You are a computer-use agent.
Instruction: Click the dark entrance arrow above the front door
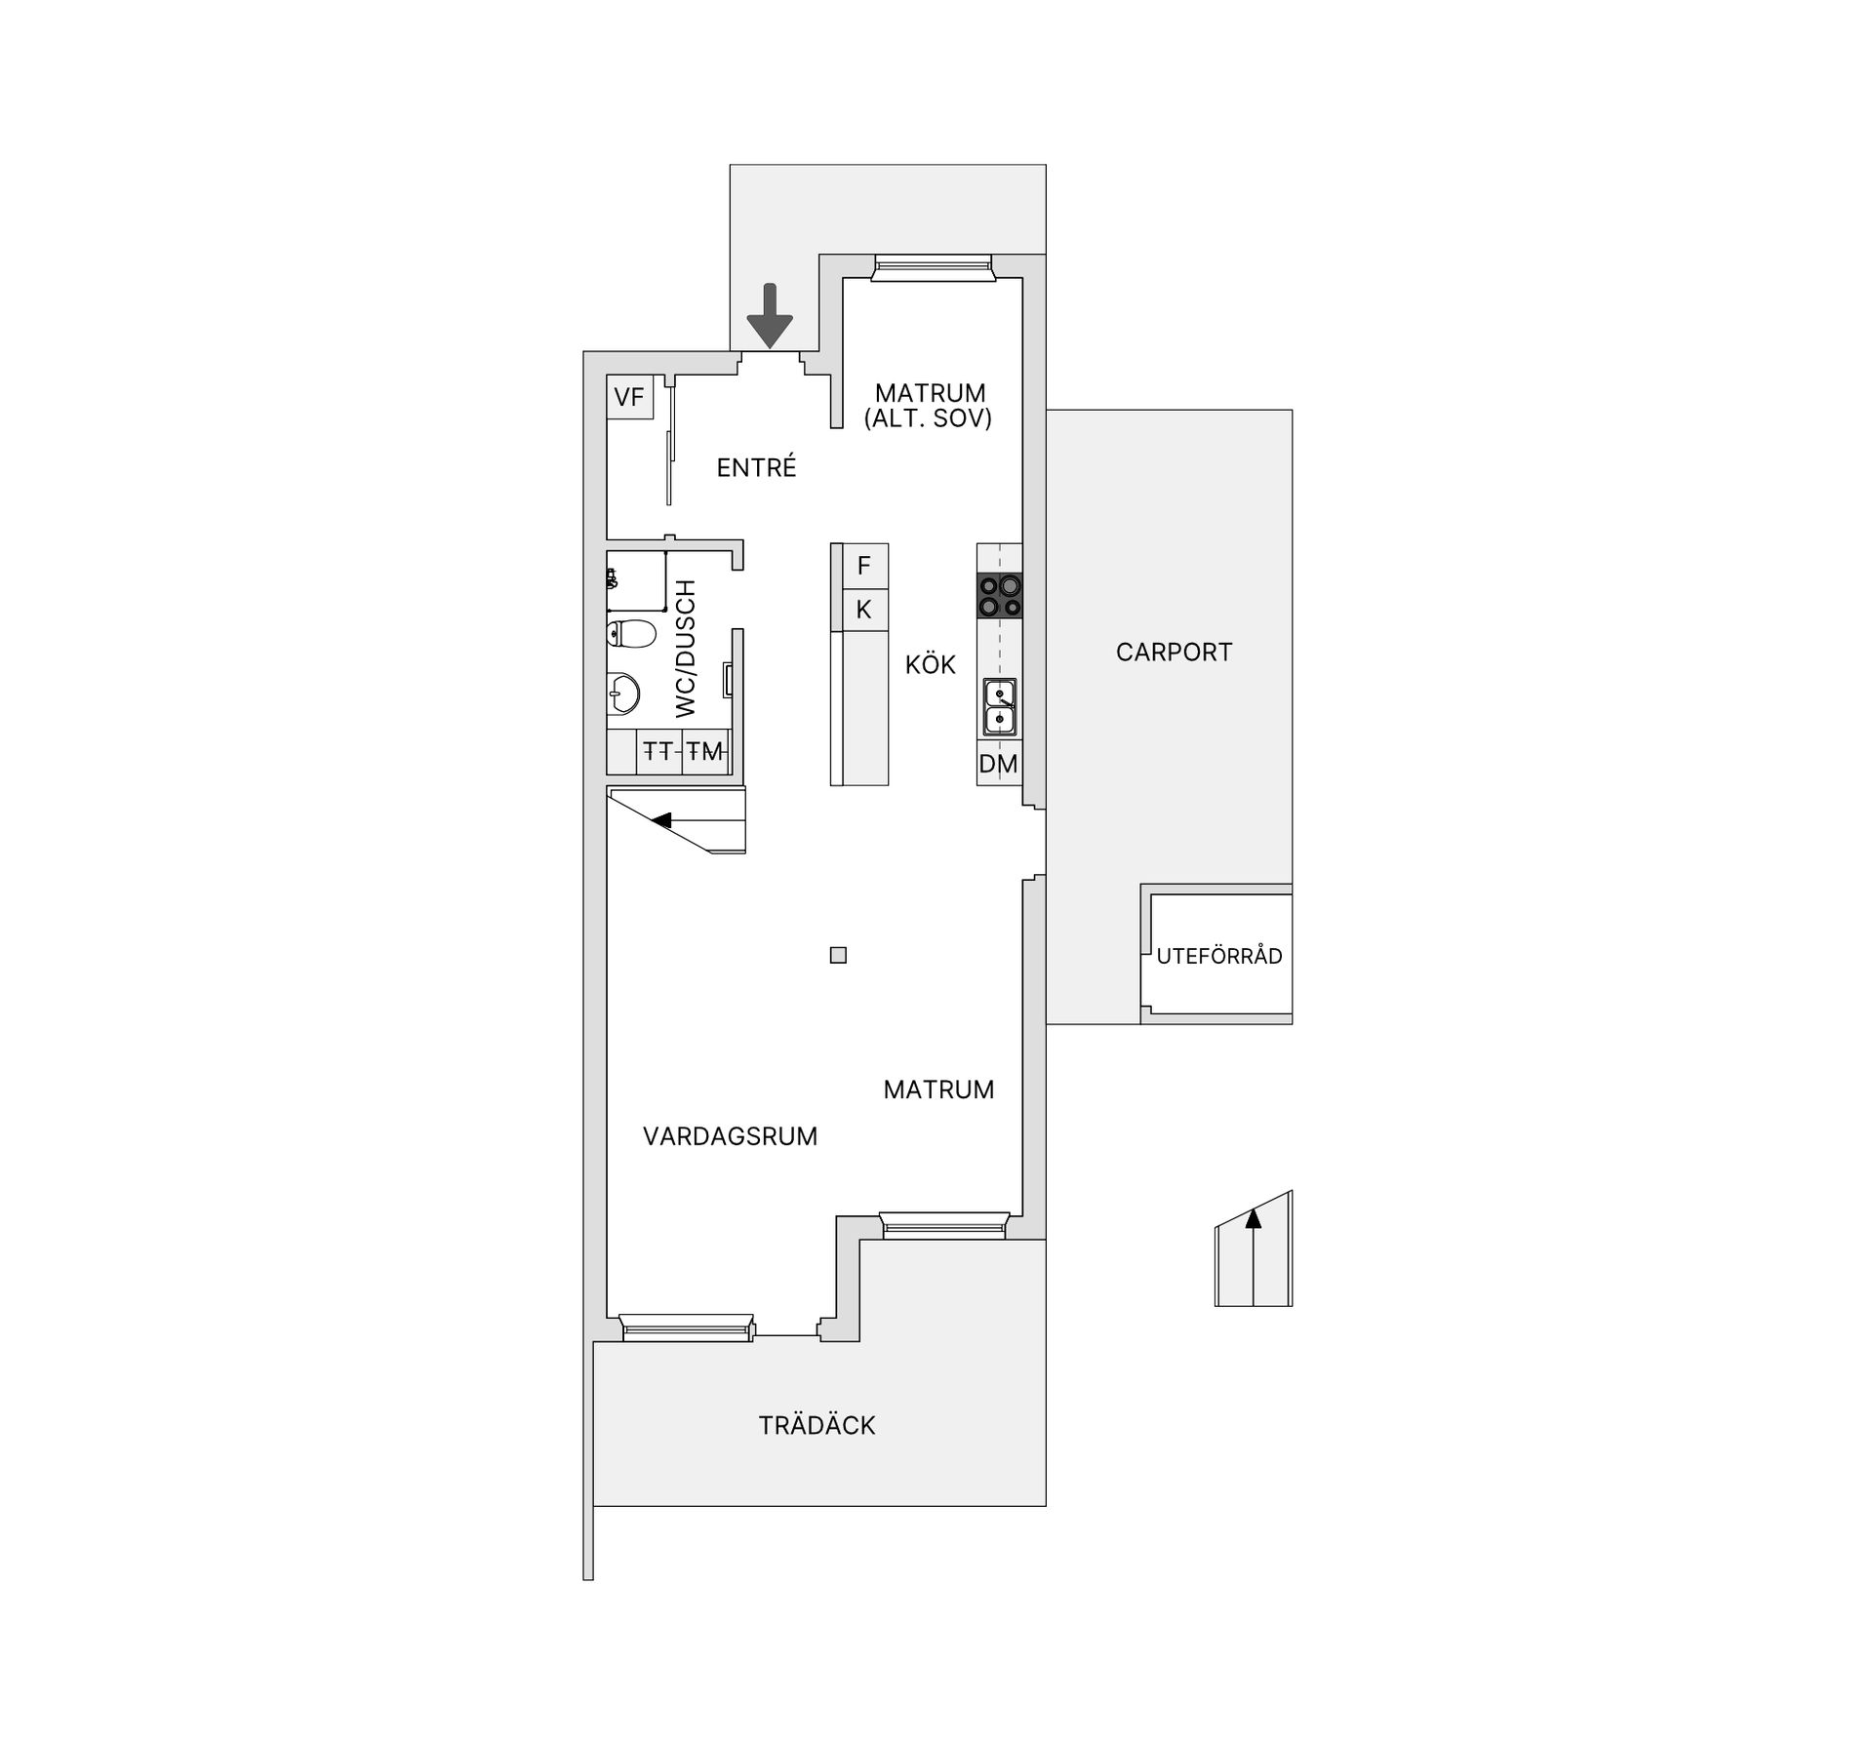click(770, 315)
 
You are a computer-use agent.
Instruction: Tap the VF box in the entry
click(629, 397)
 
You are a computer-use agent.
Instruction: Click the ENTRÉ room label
click(756, 468)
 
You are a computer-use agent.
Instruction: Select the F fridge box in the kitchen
click(863, 566)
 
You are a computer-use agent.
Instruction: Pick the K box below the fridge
click(863, 610)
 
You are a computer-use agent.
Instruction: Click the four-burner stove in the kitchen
click(1000, 595)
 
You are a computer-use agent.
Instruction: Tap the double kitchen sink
click(1000, 707)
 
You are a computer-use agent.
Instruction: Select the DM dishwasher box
click(999, 764)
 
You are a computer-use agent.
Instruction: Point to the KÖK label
click(930, 665)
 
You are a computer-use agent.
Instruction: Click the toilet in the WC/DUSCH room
click(630, 635)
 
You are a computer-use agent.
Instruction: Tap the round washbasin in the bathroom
click(622, 694)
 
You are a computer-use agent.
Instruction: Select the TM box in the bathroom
click(705, 751)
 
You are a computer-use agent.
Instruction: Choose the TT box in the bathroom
click(659, 751)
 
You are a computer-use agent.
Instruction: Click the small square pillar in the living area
click(838, 955)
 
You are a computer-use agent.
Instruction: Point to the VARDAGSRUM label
click(730, 1136)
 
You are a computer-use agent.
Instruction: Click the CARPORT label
click(1174, 653)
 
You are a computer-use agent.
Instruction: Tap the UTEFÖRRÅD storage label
click(1219, 957)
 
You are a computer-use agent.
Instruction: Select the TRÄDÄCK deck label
click(817, 1426)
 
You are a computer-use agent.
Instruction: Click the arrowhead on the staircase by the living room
click(662, 820)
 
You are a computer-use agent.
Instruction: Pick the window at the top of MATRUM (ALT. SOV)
click(933, 266)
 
